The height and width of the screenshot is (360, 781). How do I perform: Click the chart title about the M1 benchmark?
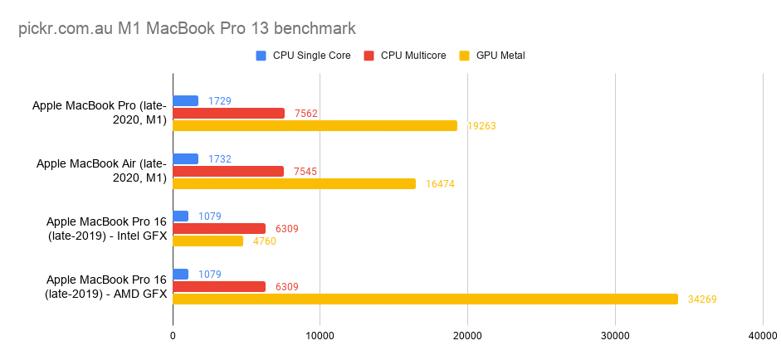pos(187,28)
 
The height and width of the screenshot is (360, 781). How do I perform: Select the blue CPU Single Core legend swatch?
pos(261,56)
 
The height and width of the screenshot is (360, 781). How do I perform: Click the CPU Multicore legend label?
pos(412,56)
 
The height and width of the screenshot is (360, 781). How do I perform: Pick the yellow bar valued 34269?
pos(425,299)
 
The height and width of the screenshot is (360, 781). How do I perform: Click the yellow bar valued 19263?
pos(315,125)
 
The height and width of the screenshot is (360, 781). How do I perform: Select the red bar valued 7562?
pos(228,113)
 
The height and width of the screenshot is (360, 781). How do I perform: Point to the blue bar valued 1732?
pos(185,158)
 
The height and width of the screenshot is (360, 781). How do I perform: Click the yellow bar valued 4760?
pos(207,241)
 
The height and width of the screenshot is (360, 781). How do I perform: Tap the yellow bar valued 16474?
pos(294,183)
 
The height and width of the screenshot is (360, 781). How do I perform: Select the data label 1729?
pos(220,101)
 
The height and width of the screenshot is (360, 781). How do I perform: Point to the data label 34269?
pos(702,299)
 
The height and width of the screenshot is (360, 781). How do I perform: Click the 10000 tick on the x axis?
pos(320,336)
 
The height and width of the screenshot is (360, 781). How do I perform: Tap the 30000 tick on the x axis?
pos(614,336)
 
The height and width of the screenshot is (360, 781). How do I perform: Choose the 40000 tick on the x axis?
pos(761,336)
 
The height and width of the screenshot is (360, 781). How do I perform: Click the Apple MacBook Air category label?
pos(101,170)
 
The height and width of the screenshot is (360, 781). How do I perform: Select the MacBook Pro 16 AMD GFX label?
pos(106,286)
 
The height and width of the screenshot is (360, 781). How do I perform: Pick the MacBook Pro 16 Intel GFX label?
pos(106,228)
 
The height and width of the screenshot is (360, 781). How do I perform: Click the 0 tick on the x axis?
pos(173,336)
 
